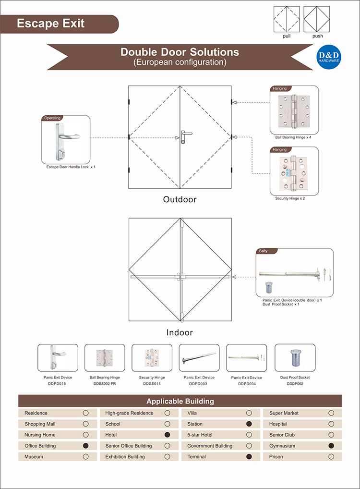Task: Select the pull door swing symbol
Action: tap(286, 19)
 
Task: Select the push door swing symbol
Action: tap(317, 19)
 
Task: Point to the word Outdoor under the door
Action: tap(180, 199)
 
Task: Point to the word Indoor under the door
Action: tap(180, 332)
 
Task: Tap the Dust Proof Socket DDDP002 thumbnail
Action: tap(295, 358)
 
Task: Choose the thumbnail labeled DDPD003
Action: tap(199, 358)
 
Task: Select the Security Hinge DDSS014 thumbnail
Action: tap(152, 358)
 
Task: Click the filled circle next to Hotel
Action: tap(168, 435)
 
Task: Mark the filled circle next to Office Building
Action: tap(86, 446)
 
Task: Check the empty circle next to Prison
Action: tap(331, 457)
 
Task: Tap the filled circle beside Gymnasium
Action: tap(331, 446)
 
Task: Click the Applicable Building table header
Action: tap(180, 401)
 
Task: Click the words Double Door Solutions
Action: tap(180, 52)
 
